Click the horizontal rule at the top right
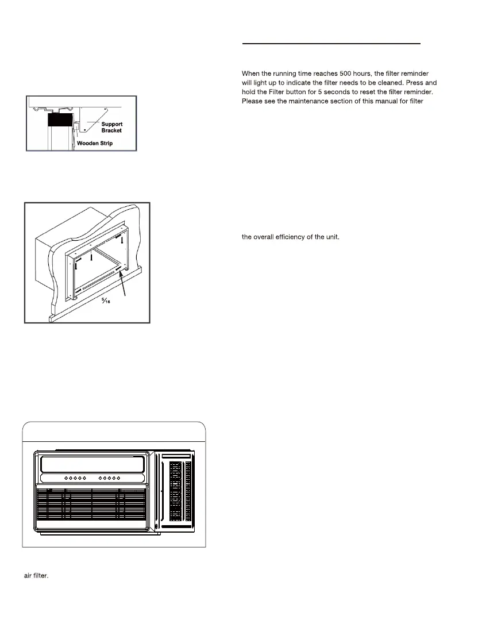click(x=331, y=43)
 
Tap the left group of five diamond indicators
click(x=75, y=477)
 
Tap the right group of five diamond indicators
click(x=110, y=477)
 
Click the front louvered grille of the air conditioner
click(x=92, y=505)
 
